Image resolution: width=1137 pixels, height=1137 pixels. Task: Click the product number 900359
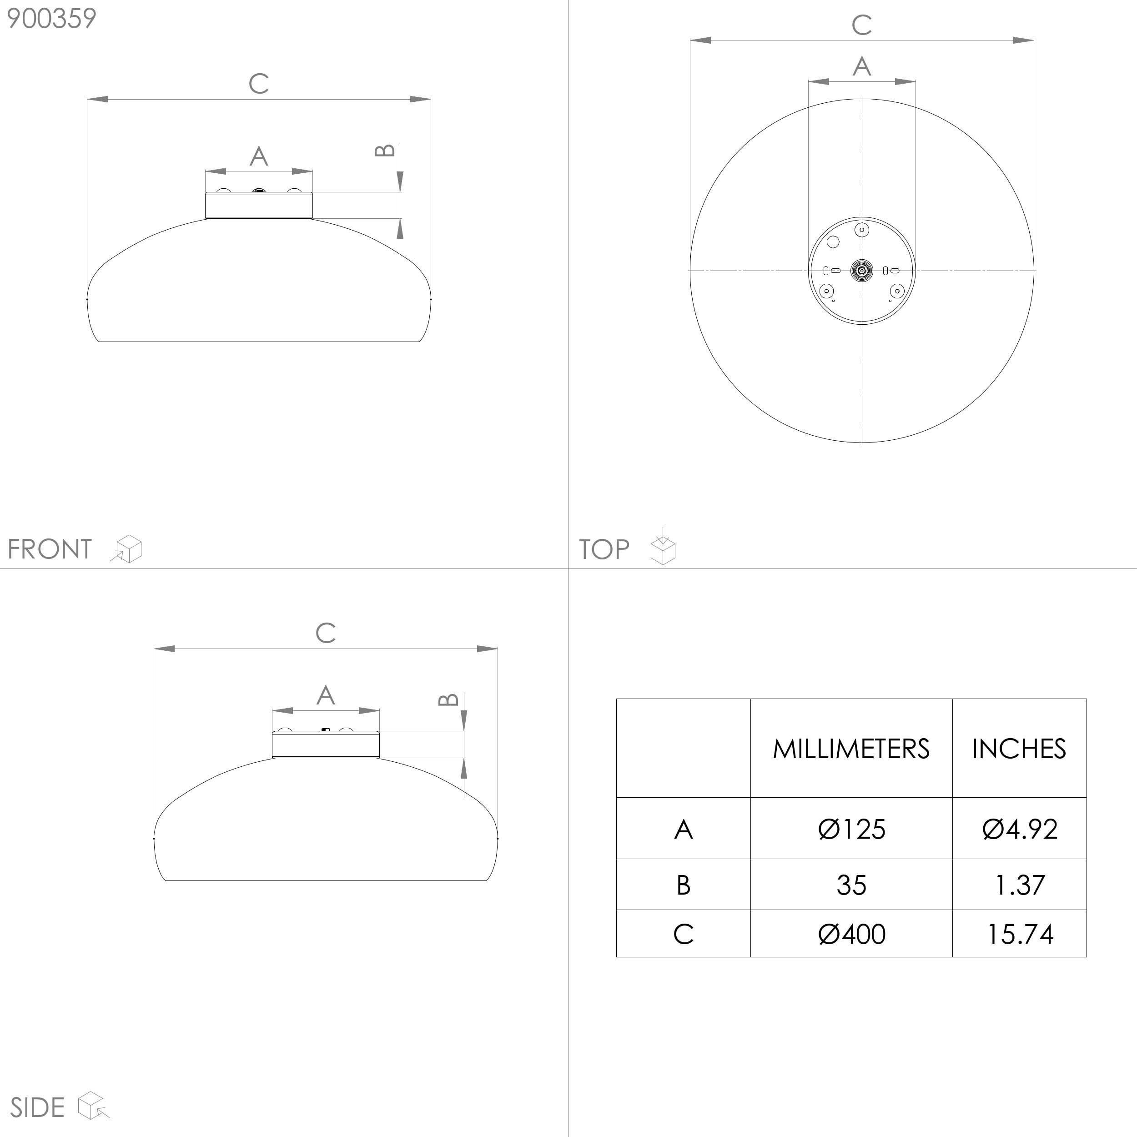point(51,19)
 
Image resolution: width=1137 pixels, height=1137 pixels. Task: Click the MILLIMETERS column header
point(851,749)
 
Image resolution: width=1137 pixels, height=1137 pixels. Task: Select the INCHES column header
point(1019,749)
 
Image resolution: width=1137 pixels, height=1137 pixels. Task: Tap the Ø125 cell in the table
point(851,829)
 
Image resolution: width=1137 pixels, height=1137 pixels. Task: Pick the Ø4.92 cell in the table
point(1019,829)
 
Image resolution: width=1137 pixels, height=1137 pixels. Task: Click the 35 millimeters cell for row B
point(851,885)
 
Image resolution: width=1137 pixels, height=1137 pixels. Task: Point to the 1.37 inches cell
point(1019,885)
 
